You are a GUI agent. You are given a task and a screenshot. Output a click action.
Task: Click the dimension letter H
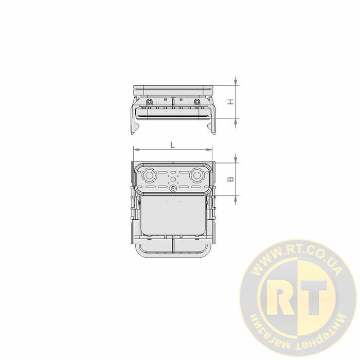(x=230, y=102)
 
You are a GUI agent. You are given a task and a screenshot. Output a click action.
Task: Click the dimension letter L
(x=173, y=145)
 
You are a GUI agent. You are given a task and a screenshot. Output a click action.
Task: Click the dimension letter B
(x=230, y=179)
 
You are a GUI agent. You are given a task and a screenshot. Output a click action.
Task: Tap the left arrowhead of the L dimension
(x=136, y=150)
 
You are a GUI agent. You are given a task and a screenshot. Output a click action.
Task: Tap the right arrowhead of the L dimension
(x=209, y=150)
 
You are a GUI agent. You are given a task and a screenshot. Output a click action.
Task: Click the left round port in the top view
(x=149, y=176)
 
